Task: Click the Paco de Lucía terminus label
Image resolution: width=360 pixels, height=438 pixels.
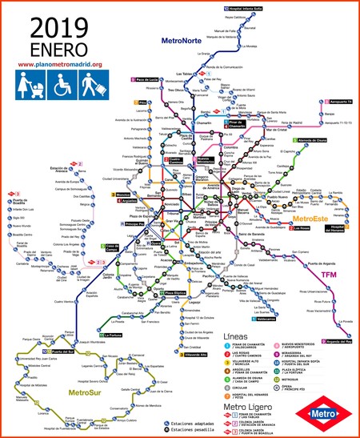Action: pyautogui.click(x=149, y=80)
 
